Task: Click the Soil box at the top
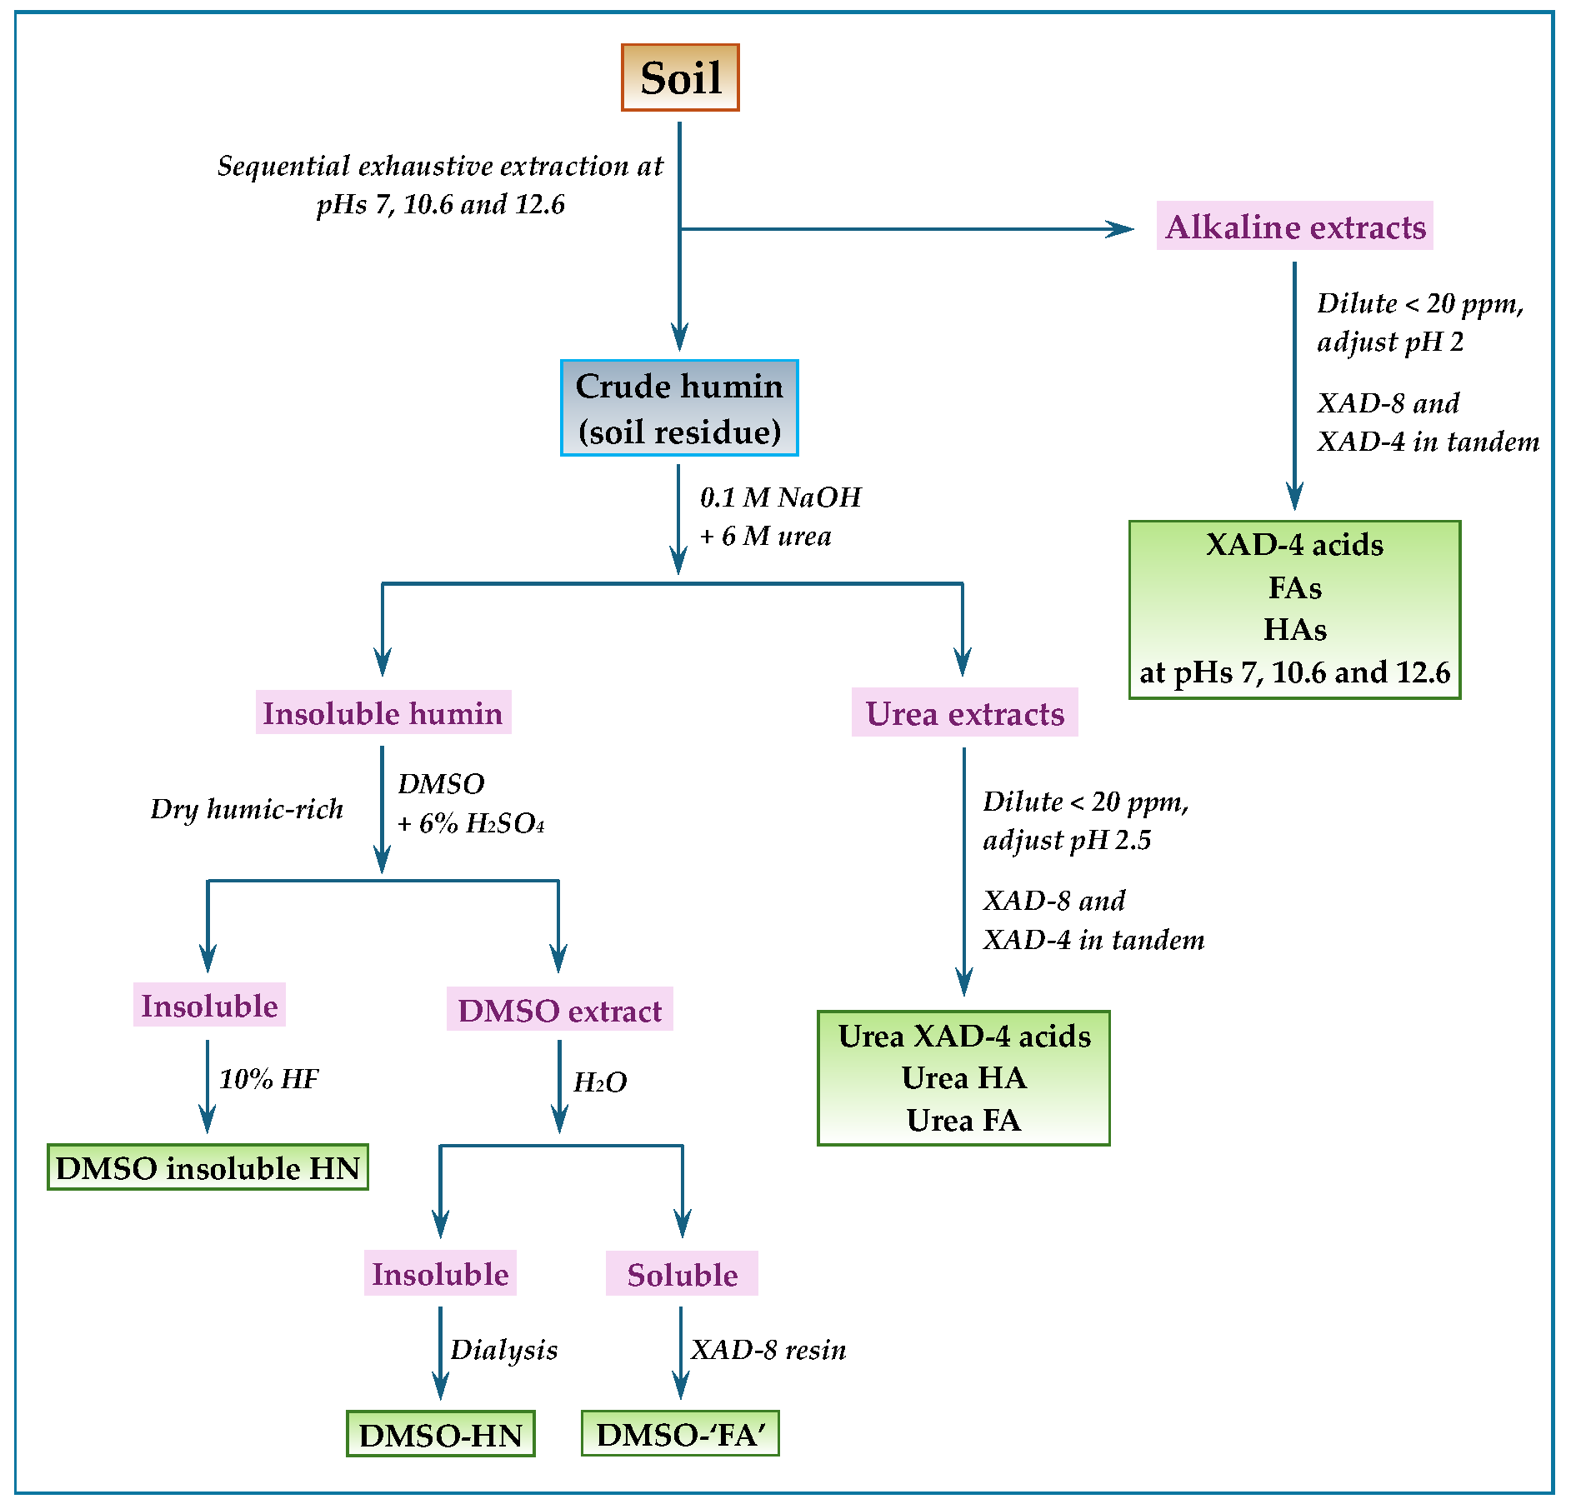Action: click(x=680, y=77)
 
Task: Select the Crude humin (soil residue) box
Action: click(x=679, y=408)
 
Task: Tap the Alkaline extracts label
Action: click(x=1294, y=227)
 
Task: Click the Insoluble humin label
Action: click(x=383, y=713)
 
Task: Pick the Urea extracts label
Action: click(x=964, y=713)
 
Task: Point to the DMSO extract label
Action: click(x=559, y=1010)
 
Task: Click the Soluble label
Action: click(x=682, y=1274)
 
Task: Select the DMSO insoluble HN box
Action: click(x=208, y=1167)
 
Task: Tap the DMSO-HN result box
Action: click(x=440, y=1434)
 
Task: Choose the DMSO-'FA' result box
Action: click(x=680, y=1434)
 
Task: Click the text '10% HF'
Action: click(x=268, y=1079)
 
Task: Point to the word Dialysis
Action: click(x=503, y=1349)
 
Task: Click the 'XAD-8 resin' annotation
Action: click(x=768, y=1349)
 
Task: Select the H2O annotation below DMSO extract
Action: click(x=599, y=1082)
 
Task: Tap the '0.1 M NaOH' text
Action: click(x=780, y=497)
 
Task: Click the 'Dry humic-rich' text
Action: click(x=247, y=808)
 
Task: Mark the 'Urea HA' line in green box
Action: click(x=963, y=1078)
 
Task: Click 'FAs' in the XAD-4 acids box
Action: click(x=1294, y=587)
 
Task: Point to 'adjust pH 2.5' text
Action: click(x=1067, y=840)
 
